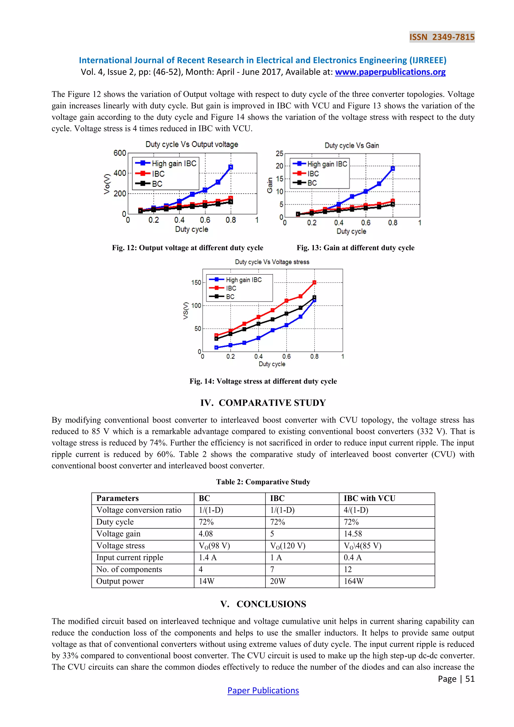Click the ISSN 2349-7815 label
point(442,37)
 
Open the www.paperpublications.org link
point(390,72)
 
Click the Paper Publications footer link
point(263,691)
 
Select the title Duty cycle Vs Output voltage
point(192,144)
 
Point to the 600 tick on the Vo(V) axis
point(120,153)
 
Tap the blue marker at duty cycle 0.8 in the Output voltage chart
point(231,167)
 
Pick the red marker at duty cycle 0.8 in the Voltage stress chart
point(314,282)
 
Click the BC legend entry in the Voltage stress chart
point(230,297)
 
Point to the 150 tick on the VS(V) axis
point(196,282)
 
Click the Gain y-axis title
point(270,185)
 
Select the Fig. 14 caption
point(263,381)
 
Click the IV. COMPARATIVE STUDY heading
point(263,403)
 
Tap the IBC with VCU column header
point(369,498)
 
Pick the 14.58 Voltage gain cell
point(353,534)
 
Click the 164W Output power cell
point(354,581)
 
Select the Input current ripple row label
point(130,558)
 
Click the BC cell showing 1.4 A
point(208,558)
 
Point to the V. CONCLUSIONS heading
point(263,604)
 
